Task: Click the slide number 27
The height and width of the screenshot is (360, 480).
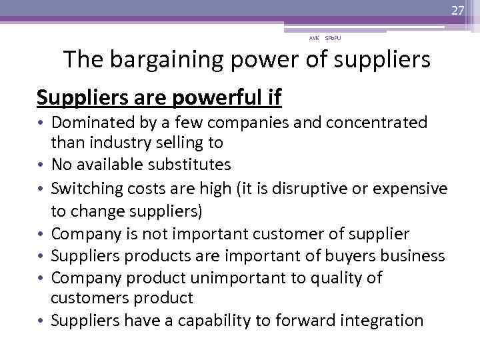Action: [457, 9]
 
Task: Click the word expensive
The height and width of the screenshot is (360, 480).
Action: [413, 189]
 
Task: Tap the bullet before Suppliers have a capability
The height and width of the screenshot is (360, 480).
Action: [41, 321]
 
